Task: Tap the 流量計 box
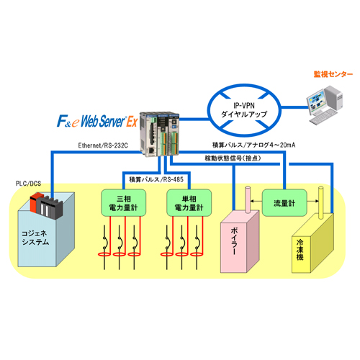280,202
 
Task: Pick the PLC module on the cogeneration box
45,206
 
